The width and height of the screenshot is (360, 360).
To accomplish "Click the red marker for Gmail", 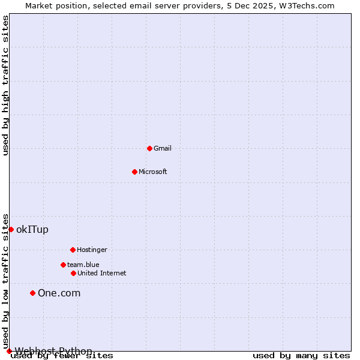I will tap(149, 148).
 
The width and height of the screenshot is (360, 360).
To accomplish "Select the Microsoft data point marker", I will tap(134, 172).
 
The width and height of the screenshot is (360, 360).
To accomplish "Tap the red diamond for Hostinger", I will tap(73, 250).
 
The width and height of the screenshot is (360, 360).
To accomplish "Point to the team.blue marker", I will tap(63, 265).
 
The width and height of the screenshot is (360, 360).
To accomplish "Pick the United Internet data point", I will tap(73, 273).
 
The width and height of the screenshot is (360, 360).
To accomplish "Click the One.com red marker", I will tap(33, 293).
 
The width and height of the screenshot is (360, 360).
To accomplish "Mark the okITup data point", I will tap(11, 229).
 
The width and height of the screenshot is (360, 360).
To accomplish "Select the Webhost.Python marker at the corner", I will tap(9, 351).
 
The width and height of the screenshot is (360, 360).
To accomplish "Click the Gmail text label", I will tap(163, 148).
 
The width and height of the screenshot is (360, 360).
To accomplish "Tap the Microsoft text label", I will tap(153, 172).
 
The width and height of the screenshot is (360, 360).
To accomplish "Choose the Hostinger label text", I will tap(92, 250).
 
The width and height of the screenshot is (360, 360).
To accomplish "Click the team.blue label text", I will tap(83, 265).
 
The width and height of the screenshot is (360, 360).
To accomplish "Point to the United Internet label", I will tap(102, 273).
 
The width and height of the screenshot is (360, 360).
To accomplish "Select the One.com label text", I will tap(59, 293).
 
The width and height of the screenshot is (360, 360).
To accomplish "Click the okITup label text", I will tap(32, 229).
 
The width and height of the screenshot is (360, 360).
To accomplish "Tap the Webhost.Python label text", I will tap(53, 351).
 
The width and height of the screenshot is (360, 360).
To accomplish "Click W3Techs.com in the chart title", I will tap(305, 5).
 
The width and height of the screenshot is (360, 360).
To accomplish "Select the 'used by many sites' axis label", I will tap(301, 355).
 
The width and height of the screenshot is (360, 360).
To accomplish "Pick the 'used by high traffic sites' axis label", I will tap(5, 85).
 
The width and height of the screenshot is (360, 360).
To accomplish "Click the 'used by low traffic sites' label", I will tap(5, 281).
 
